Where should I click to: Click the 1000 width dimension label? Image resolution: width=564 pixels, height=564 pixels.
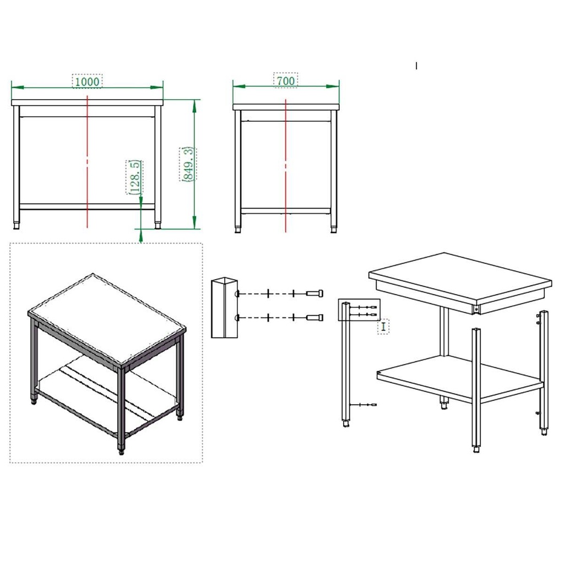pyautogui.click(x=87, y=82)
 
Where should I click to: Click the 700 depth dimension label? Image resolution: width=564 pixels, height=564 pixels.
pyautogui.click(x=286, y=80)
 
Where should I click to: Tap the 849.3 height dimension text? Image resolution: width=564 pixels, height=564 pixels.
pyautogui.click(x=188, y=164)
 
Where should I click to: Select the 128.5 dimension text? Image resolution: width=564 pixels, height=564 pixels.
pyautogui.click(x=134, y=177)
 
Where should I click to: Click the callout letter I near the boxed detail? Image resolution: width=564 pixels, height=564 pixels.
pyautogui.click(x=383, y=327)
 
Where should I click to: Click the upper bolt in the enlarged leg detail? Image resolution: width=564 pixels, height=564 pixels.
pyautogui.click(x=314, y=294)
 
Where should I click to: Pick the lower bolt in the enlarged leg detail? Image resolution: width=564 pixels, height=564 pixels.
pyautogui.click(x=314, y=318)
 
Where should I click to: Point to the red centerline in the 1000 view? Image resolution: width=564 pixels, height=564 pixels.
pyautogui.click(x=88, y=162)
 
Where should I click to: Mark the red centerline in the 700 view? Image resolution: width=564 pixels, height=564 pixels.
pyautogui.click(x=286, y=166)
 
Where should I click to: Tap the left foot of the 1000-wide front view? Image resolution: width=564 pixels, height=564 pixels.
pyautogui.click(x=16, y=226)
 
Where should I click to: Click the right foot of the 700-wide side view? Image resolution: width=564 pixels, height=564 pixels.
pyautogui.click(x=334, y=229)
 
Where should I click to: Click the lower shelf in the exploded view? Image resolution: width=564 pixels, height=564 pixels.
pyautogui.click(x=460, y=379)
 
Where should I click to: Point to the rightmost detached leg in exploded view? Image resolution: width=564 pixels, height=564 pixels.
pyautogui.click(x=544, y=372)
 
